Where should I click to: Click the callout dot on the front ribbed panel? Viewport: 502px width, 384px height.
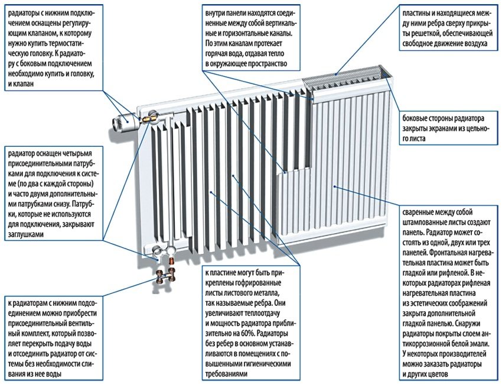(335, 186)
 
